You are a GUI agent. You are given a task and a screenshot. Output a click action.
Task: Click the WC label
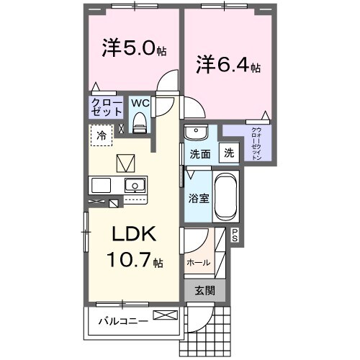click(140, 102)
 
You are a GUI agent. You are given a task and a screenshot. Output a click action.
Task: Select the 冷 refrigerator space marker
click(102, 135)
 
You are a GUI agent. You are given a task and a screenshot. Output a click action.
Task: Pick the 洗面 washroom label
click(199, 153)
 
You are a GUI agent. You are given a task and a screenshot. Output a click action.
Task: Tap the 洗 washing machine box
click(228, 153)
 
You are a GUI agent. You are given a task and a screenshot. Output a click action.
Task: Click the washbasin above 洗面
click(195, 133)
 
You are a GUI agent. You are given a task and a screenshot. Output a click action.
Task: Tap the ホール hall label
click(198, 263)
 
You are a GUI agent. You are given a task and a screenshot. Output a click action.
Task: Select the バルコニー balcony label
click(123, 320)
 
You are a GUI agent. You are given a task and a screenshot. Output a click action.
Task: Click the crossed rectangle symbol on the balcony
click(164, 315)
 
